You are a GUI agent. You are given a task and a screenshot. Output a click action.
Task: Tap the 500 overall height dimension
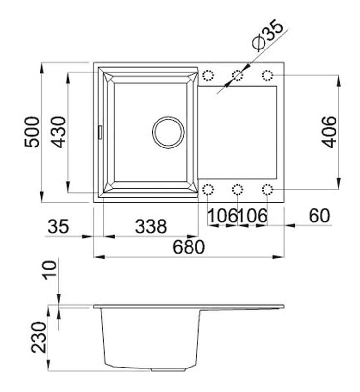click(x=32, y=132)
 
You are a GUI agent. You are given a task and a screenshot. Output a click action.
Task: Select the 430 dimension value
click(x=58, y=132)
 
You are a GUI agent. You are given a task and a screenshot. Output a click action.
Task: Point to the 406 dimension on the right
click(x=329, y=132)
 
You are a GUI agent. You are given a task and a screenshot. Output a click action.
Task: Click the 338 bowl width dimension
click(x=151, y=226)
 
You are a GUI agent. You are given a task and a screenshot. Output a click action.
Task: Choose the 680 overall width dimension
click(x=189, y=247)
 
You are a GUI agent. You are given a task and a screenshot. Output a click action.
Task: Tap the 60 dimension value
click(x=319, y=216)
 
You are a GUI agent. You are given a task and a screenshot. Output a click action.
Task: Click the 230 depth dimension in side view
click(x=39, y=337)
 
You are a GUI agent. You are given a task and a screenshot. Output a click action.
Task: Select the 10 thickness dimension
click(x=49, y=270)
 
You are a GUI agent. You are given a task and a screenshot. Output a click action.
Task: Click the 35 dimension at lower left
click(x=58, y=226)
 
